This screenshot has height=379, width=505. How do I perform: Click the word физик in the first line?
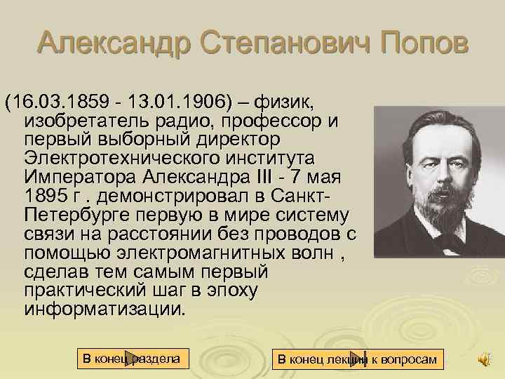pos(285,103)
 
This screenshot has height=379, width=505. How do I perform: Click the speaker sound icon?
pos(484,359)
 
